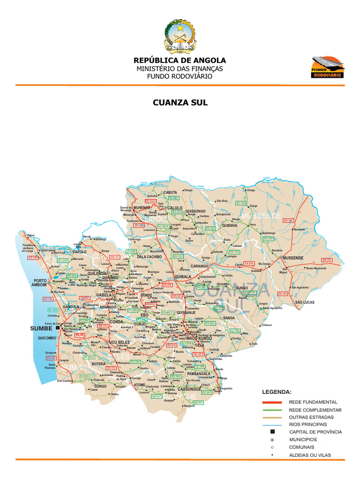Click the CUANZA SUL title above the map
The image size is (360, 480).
(x=180, y=103)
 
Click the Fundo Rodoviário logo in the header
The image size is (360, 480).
(x=328, y=67)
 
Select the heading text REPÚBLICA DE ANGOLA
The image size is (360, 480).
(x=180, y=60)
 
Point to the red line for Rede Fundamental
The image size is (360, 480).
(x=272, y=402)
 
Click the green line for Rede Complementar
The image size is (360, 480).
(x=272, y=410)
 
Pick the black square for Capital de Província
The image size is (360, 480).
(x=272, y=432)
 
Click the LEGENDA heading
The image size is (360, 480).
(x=277, y=391)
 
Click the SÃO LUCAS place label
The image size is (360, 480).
(x=304, y=303)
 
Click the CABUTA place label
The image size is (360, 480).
(x=171, y=193)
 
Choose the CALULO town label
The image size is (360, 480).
(x=175, y=208)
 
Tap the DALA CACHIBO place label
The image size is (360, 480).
(x=149, y=257)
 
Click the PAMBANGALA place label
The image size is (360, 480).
(x=199, y=374)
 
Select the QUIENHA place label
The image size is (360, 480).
(x=230, y=225)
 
